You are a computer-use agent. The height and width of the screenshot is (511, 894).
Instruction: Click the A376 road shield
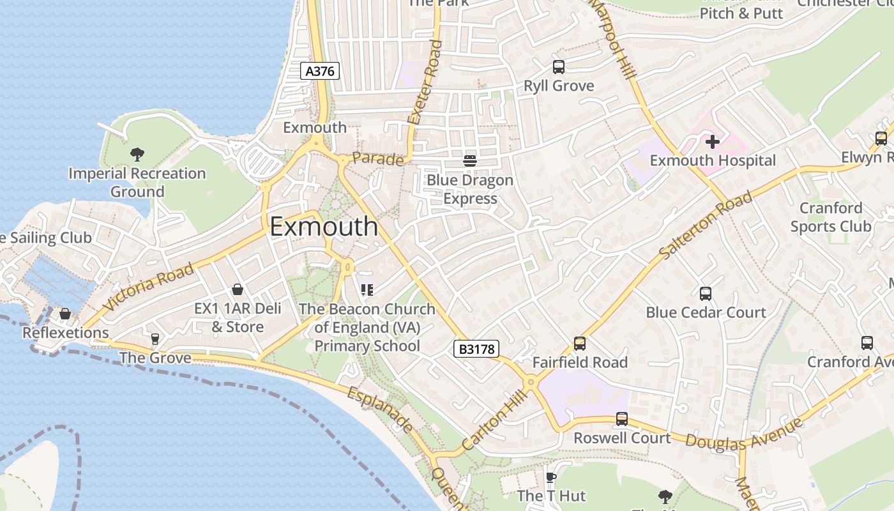point(319,71)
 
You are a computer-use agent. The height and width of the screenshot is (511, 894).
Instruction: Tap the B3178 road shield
point(476,349)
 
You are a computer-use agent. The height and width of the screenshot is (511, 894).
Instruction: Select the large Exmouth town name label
point(324,227)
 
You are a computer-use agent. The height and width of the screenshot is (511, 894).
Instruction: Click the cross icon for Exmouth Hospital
point(713,141)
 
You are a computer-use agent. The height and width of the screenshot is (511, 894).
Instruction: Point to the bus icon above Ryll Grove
point(559,67)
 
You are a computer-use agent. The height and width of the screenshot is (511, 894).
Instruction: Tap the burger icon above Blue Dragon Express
point(470,160)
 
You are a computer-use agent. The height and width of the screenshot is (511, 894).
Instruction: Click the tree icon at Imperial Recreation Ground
point(137,154)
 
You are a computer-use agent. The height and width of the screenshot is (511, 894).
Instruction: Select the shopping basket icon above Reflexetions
point(65,314)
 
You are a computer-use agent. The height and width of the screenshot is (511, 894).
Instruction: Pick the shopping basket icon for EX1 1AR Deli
point(238,289)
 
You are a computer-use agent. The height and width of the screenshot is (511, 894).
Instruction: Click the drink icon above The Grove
point(155,339)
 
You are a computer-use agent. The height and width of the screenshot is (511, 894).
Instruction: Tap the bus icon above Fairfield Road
point(580,343)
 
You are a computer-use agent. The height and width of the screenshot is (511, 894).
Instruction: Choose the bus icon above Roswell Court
point(622,419)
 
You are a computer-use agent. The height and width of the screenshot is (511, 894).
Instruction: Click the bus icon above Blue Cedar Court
point(706,293)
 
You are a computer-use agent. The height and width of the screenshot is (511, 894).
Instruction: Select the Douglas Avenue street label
point(744,434)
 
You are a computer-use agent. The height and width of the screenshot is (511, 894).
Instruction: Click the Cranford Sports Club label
point(831,217)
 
